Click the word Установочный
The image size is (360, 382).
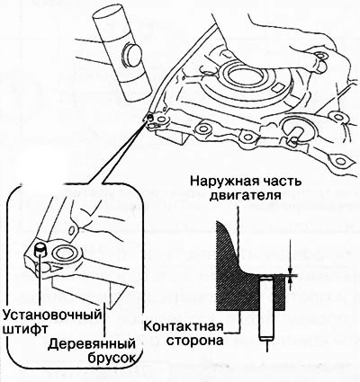pyautogui.click(x=51, y=315)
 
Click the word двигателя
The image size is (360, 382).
pyautogui.click(x=245, y=195)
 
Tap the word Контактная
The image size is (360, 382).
pyautogui.click(x=184, y=326)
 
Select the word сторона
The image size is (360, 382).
pyautogui.click(x=194, y=341)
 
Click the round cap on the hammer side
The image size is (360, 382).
pyautogui.click(x=131, y=56)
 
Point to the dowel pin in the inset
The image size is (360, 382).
pyautogui.click(x=40, y=250)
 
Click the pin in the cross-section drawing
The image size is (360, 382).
pyautogui.click(x=266, y=309)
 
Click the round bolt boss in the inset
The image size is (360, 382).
pyautogui.click(x=65, y=254)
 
